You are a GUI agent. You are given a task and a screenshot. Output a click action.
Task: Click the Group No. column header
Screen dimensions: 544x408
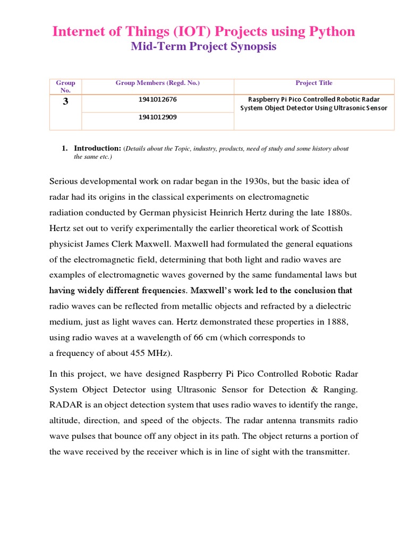click(x=65, y=87)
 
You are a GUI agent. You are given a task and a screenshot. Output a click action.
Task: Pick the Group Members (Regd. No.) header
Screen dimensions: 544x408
click(x=158, y=83)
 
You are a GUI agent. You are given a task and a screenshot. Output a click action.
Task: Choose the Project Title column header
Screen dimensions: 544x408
click(x=314, y=83)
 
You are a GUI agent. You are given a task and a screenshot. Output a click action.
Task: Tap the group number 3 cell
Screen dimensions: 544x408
click(x=65, y=101)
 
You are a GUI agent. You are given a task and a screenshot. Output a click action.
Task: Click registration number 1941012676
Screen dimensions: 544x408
click(x=158, y=99)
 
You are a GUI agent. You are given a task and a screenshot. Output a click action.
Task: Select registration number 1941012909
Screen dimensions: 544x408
click(x=158, y=117)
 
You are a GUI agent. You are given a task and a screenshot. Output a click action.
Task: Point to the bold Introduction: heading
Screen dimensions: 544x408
click(x=98, y=148)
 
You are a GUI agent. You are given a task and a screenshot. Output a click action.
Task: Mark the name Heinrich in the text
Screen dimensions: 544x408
click(x=236, y=212)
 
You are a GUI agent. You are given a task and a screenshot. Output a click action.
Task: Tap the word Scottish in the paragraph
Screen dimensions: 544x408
click(x=324, y=228)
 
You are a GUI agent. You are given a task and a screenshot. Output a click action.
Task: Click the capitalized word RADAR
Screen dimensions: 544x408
click(x=67, y=405)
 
